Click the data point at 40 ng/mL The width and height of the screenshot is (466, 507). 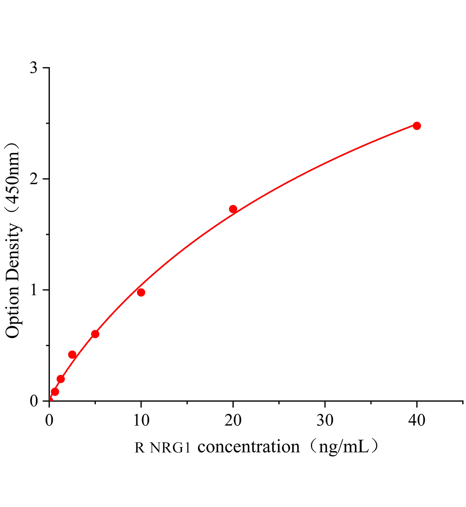417,125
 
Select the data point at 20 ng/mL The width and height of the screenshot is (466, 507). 233,209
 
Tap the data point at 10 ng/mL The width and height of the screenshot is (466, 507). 141,292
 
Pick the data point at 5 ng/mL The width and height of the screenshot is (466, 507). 95,334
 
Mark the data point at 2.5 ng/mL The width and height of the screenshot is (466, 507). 72,354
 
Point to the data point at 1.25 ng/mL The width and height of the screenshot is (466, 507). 61,379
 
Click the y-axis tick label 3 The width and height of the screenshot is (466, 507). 34,68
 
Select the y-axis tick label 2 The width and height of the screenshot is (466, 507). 34,179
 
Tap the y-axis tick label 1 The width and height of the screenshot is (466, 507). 34,290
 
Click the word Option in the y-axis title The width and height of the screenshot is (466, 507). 13,314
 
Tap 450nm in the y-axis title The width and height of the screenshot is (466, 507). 13,178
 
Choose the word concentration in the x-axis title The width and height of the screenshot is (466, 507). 249,447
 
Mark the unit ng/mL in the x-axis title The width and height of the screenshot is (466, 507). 340,447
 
